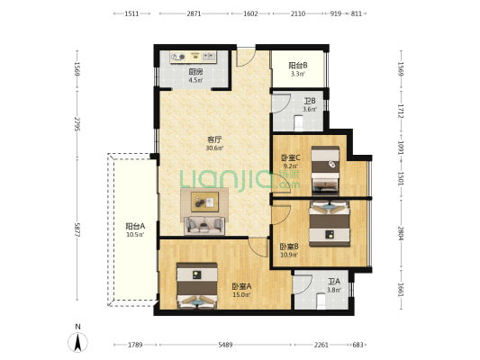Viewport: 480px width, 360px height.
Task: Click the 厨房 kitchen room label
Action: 195,72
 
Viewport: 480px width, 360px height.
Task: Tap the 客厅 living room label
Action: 214,139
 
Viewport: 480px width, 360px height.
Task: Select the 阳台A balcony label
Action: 135,226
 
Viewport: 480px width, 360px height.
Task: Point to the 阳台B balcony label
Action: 298,66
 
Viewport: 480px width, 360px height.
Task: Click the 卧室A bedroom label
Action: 241,286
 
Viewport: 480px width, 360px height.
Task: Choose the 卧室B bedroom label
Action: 289,247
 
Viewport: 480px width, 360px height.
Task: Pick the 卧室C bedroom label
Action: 291,157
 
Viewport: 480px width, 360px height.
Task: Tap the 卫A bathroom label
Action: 334,282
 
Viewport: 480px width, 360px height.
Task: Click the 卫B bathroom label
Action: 310,101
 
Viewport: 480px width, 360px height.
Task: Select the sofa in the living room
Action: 204,225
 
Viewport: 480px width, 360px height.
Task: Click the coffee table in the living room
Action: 204,202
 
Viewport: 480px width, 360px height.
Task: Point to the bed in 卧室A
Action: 197,285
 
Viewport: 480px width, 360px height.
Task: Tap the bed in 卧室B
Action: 330,223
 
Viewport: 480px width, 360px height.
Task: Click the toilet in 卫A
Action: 322,301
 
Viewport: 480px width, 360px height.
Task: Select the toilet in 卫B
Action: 298,122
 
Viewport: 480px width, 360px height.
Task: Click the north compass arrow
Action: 78,342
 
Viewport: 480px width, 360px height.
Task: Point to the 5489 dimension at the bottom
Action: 225,345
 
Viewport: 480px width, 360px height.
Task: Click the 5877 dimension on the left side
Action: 77,229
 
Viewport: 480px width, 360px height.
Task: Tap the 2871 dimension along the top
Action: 194,13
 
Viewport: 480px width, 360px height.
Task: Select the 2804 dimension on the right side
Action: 401,233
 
